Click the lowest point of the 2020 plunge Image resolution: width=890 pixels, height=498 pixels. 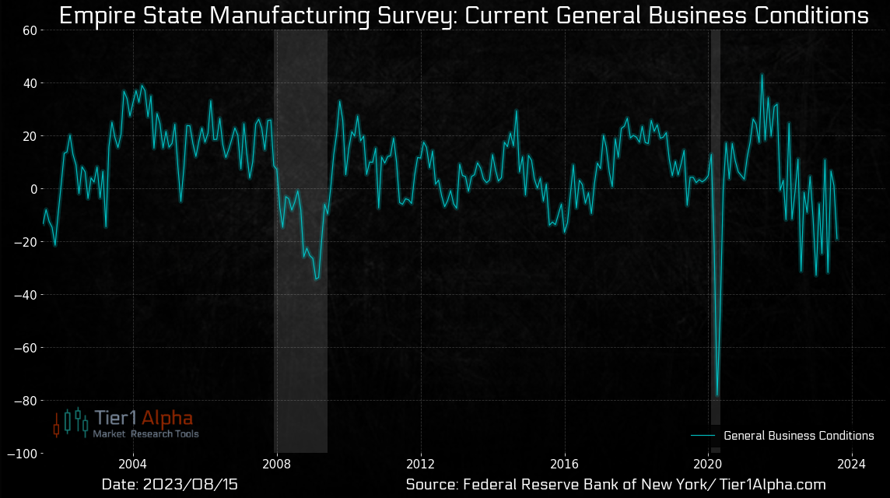[x=717, y=395]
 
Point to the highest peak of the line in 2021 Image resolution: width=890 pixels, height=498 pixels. [x=762, y=75]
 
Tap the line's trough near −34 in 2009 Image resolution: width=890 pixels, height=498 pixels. [x=316, y=279]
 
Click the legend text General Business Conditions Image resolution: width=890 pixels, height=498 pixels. [x=798, y=436]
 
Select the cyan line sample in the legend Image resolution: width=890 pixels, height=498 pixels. [x=703, y=436]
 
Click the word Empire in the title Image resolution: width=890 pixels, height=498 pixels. [x=96, y=16]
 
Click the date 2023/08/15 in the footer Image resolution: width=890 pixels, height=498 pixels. [x=190, y=485]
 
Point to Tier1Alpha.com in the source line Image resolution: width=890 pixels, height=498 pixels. [x=762, y=485]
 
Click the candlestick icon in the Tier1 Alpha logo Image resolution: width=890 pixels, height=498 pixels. [x=71, y=422]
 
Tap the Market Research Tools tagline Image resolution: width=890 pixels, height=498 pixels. [x=145, y=434]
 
